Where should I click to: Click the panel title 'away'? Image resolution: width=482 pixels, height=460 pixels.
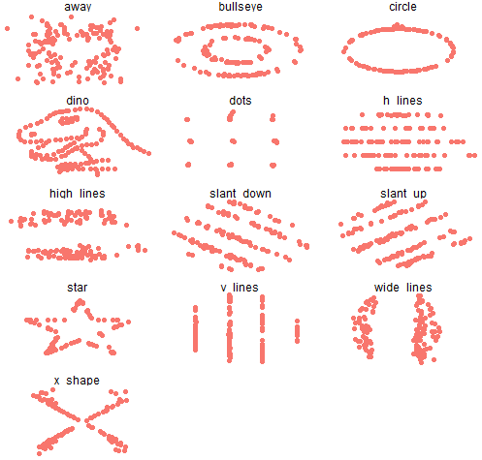point(78,7)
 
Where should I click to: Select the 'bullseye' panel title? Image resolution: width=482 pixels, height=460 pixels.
point(241,7)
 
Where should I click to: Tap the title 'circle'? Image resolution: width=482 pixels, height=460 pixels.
point(402,7)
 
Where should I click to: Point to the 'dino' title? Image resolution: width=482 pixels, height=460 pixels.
point(78,101)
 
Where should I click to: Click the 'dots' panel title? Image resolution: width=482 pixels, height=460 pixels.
point(241,101)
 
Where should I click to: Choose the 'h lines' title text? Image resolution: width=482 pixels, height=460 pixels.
point(402,101)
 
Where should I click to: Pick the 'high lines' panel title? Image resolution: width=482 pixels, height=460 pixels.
point(78,194)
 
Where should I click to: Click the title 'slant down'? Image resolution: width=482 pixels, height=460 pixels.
point(241,194)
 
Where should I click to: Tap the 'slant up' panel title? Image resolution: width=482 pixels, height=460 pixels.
point(403,194)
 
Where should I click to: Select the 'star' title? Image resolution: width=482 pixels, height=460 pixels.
point(78,288)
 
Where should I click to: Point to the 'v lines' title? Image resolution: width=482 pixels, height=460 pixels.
point(240,288)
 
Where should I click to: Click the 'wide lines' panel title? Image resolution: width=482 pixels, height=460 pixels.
point(403,288)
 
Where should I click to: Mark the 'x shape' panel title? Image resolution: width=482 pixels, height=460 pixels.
point(77,381)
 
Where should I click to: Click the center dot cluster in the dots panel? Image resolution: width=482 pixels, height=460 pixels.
point(233,141)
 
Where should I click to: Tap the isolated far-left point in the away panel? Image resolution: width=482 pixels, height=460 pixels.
point(7,29)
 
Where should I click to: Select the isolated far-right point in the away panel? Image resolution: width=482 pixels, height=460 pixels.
point(137,29)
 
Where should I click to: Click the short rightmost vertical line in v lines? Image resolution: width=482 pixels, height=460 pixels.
point(297,331)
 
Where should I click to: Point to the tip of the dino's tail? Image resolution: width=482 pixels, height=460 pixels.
point(148,153)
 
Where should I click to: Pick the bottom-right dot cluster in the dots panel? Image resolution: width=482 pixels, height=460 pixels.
point(273,166)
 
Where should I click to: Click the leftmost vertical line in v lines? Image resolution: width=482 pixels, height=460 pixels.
point(195,328)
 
